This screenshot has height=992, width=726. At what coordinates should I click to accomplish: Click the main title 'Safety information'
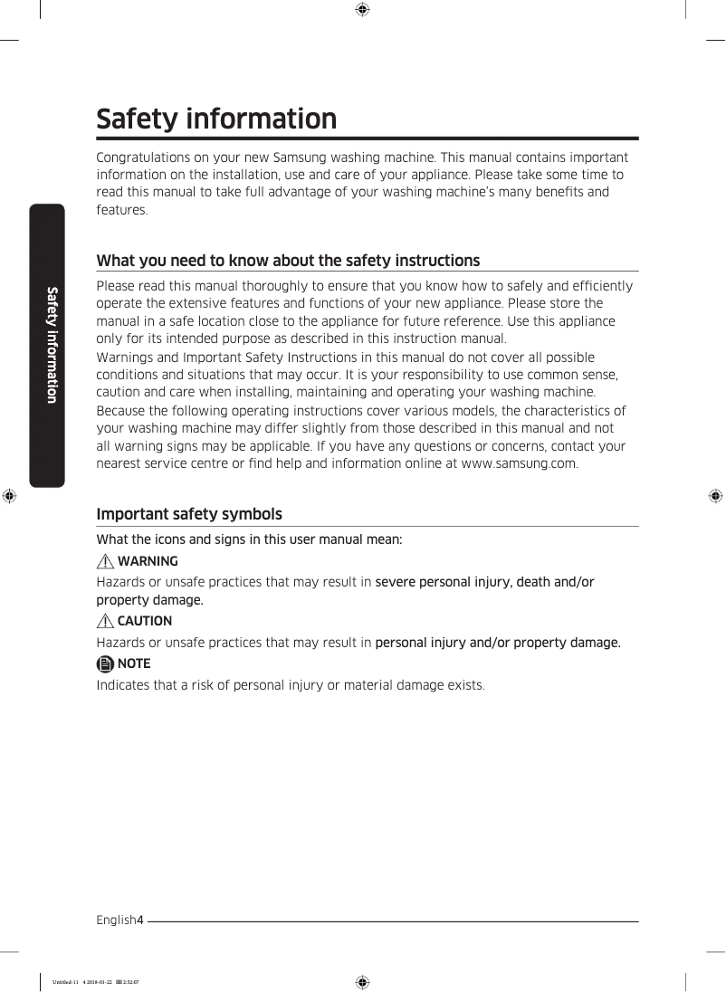216,119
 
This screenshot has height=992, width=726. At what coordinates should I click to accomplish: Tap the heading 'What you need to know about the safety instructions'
288,261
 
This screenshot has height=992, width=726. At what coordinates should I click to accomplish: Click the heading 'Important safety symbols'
189,514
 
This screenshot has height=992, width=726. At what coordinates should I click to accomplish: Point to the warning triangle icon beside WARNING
106,561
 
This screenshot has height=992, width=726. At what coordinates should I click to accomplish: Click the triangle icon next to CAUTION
106,621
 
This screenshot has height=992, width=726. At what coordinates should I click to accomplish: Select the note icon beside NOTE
105,663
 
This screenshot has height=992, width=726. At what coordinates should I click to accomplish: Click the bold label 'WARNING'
148,561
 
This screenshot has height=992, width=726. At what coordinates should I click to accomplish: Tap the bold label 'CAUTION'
144,621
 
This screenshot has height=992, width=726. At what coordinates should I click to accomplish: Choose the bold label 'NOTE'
134,663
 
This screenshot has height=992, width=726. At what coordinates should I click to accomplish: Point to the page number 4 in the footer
140,920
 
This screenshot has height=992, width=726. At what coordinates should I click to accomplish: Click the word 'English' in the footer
116,920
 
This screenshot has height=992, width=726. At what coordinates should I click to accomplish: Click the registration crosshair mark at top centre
361,10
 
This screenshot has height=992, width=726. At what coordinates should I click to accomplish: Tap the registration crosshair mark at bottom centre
361,981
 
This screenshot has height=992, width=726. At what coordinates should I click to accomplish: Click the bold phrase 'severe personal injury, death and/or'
484,582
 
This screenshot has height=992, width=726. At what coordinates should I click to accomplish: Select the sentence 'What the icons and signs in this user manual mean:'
249,539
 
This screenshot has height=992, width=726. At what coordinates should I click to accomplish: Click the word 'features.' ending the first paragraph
121,210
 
